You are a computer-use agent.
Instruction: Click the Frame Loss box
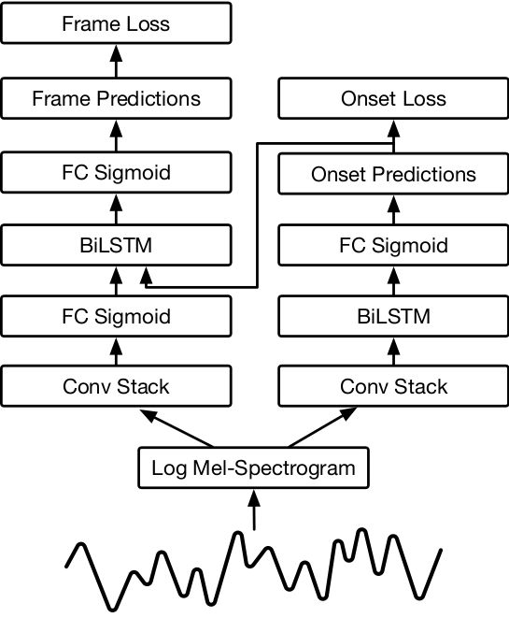coord(116,22)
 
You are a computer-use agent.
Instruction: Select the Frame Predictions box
coord(116,97)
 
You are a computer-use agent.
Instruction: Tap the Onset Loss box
coord(392,98)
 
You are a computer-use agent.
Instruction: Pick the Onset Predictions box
coord(392,174)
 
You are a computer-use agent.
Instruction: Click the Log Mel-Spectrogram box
coord(253,467)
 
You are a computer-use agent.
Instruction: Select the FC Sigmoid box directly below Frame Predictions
coord(116,172)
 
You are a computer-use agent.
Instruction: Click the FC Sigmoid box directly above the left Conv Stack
coord(116,316)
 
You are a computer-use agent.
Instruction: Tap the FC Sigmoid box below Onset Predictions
coord(392,247)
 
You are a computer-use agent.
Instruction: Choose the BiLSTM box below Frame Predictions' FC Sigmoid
coord(116,246)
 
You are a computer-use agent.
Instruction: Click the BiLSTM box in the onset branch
coord(392,316)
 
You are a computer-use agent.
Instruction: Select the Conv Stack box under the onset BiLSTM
coord(392,386)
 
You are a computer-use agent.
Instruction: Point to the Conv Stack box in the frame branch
coord(116,386)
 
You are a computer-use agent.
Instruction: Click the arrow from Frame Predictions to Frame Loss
coord(116,62)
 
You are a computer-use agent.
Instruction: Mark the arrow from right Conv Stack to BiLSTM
coord(392,353)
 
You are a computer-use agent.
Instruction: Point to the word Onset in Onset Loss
coord(369,98)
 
